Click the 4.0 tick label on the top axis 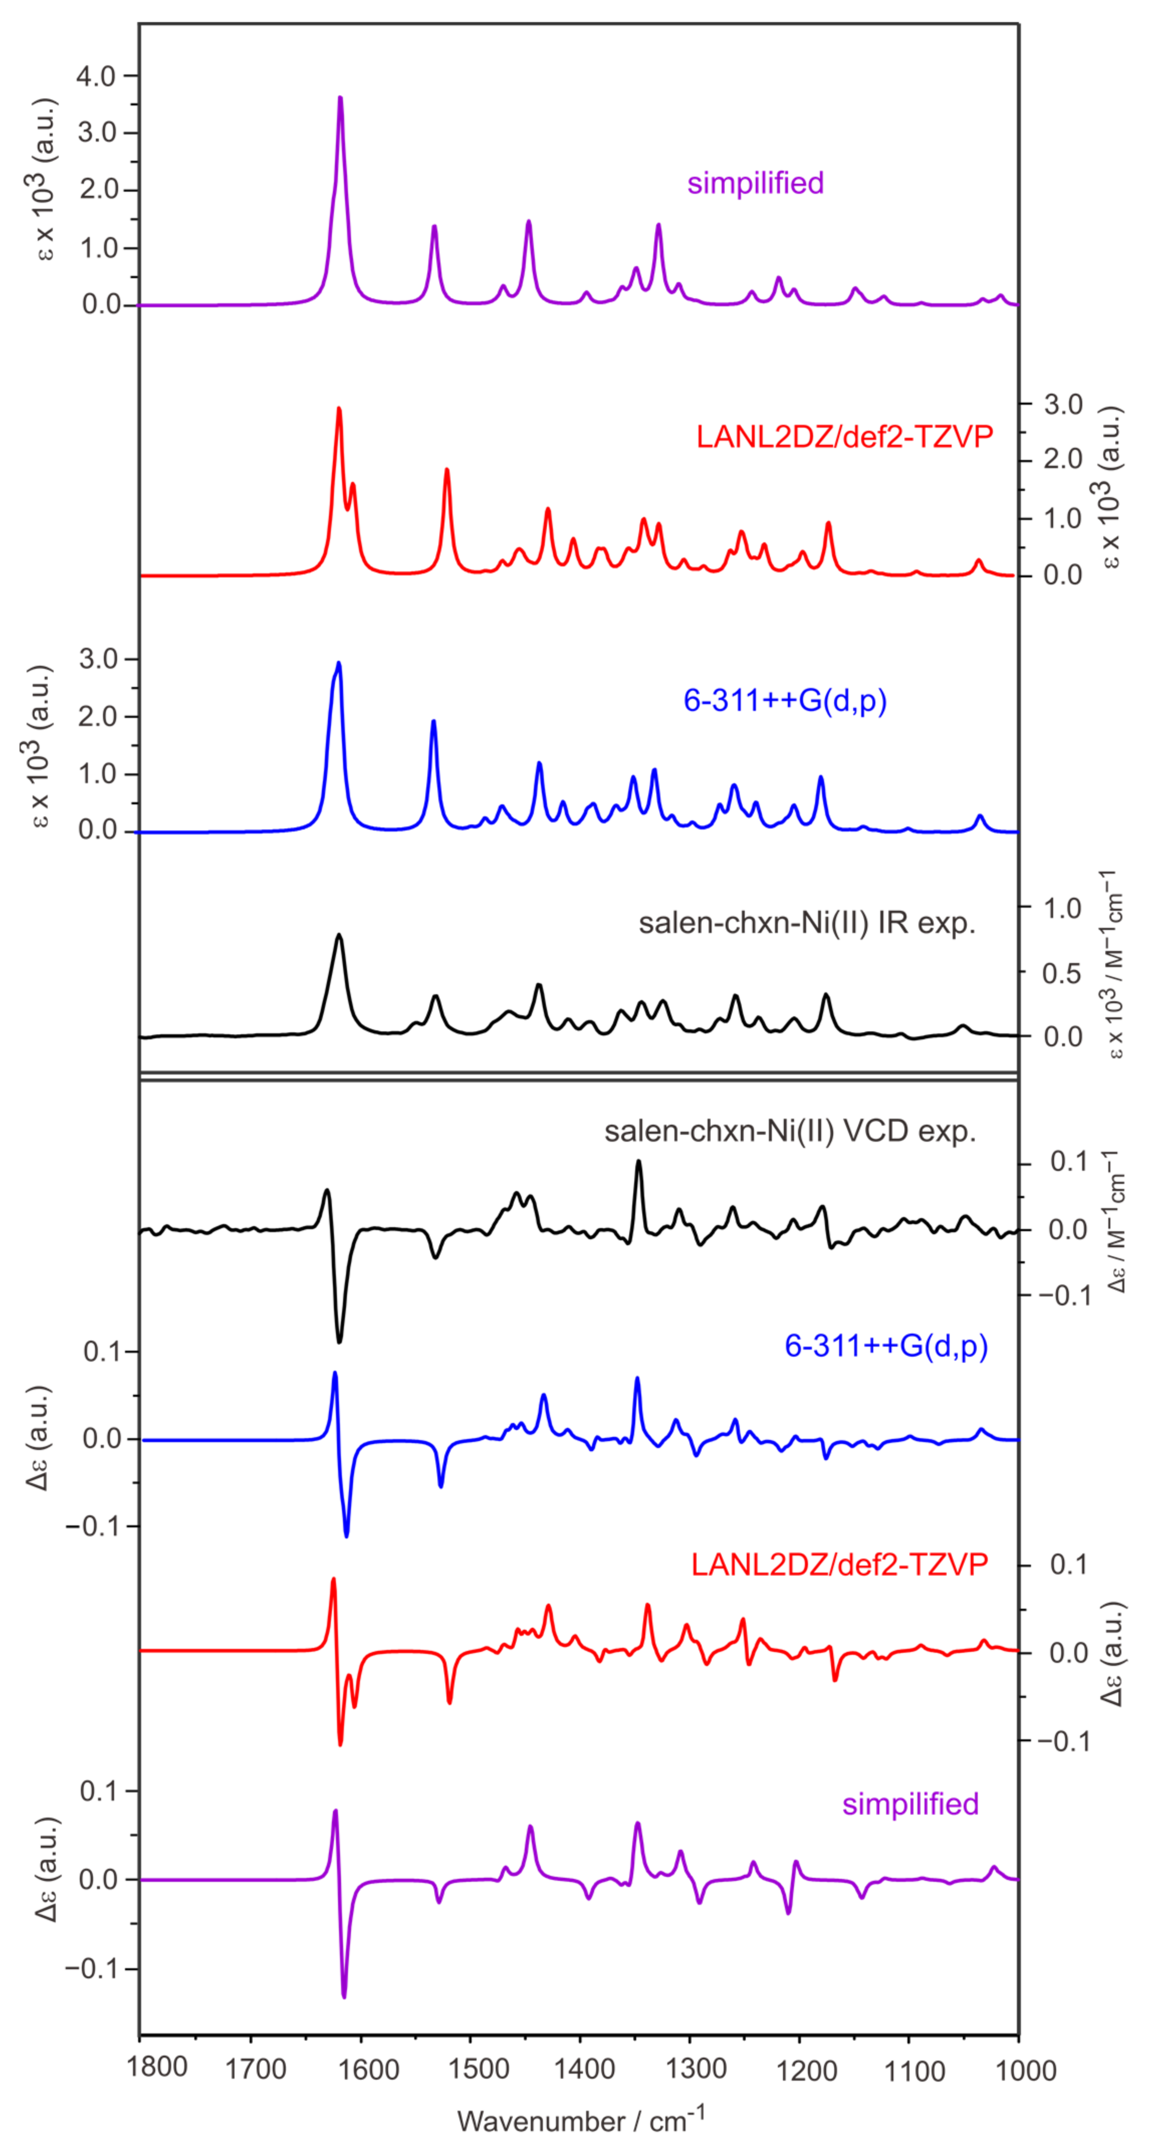[95, 76]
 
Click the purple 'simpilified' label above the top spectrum [755, 183]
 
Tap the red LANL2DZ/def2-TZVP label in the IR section [844, 436]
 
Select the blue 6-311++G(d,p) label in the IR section [784, 700]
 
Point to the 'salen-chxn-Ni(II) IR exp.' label [807, 923]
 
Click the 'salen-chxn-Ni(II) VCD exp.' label [789, 1132]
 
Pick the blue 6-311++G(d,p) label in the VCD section [886, 1346]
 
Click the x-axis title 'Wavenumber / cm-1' [581, 2120]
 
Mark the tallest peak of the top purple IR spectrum [340, 98]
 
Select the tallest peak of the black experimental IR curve [338, 935]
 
